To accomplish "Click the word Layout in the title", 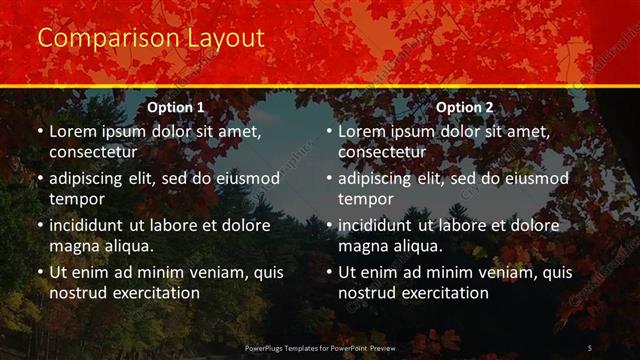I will pos(226,39).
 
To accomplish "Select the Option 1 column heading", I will pos(176,107).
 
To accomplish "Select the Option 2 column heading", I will pos(465,107).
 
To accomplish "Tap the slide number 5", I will pos(590,347).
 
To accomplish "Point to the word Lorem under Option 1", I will pos(71,131).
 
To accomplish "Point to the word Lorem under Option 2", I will pos(360,131).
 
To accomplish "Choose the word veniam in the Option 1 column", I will pos(208,272).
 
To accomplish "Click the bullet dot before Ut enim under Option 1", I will pos(39,272).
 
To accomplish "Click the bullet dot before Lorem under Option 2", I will pos(328,131).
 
